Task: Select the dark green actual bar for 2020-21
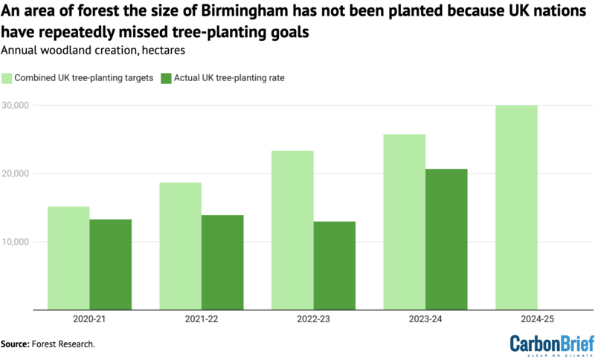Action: click(110, 265)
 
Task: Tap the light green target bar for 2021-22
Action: click(180, 246)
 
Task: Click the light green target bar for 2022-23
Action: click(292, 230)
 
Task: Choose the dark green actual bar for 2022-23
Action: click(334, 266)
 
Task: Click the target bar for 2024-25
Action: click(516, 208)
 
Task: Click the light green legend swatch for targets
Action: click(8, 78)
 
